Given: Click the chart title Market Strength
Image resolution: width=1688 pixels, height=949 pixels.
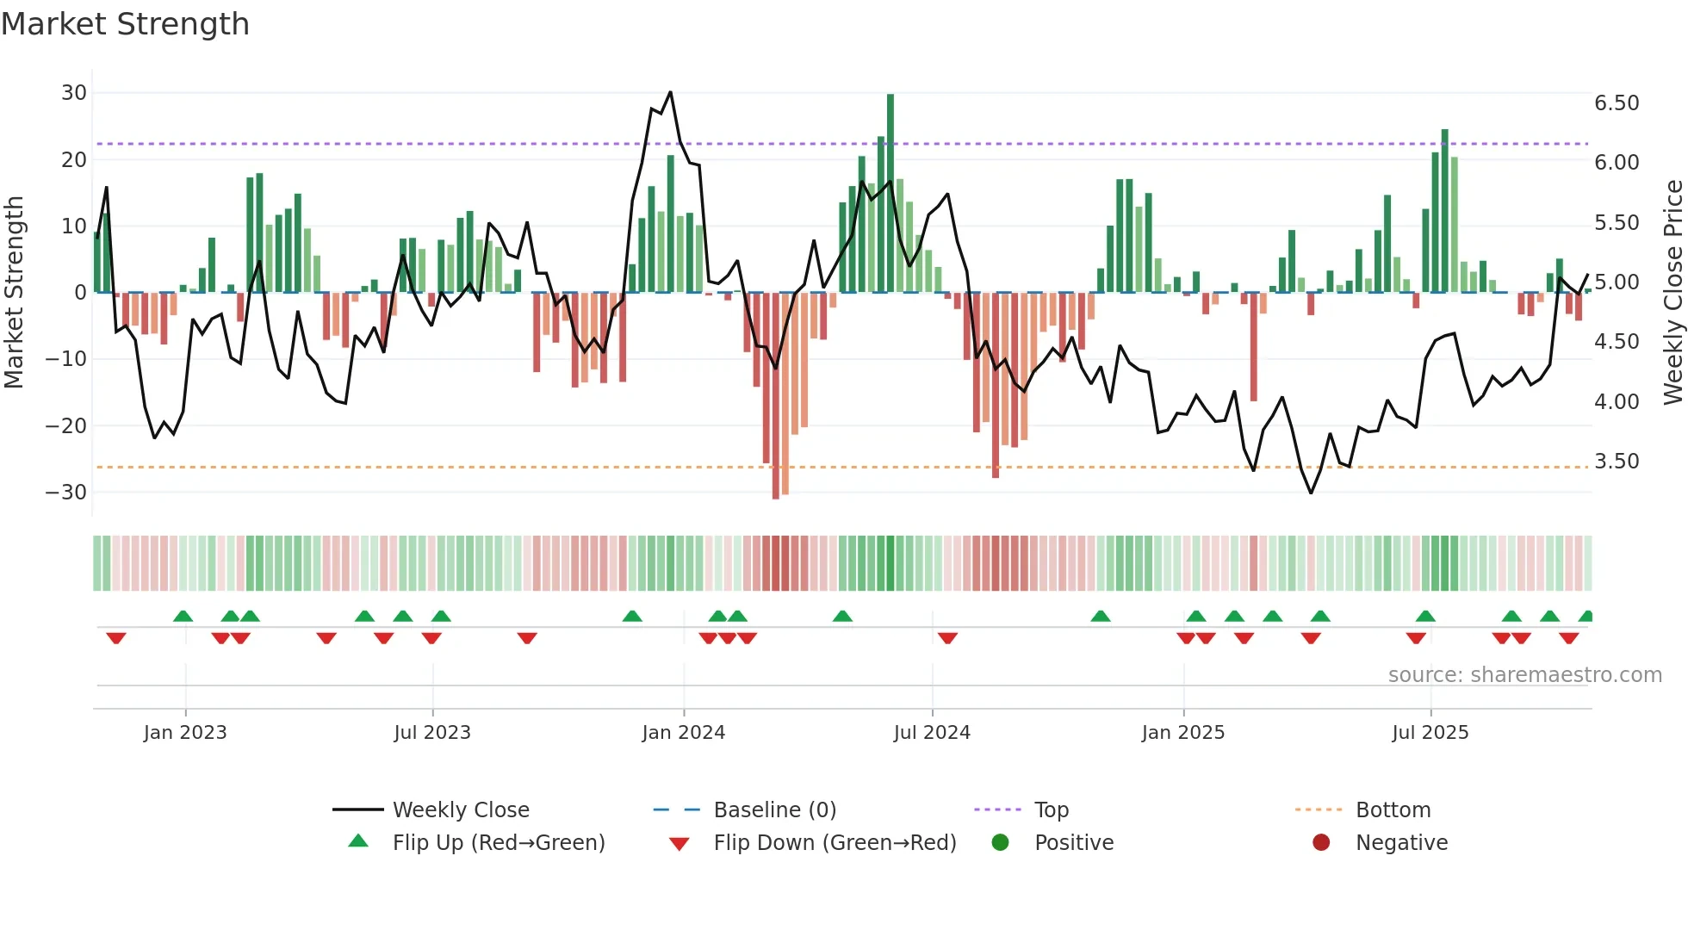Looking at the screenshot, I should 125,24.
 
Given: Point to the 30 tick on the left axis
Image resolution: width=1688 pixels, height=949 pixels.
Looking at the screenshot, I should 74,93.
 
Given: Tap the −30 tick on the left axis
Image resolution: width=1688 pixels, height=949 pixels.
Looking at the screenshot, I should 66,493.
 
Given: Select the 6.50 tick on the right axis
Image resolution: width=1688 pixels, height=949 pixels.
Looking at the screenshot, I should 1617,103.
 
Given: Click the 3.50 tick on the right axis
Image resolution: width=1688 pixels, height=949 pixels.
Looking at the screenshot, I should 1617,462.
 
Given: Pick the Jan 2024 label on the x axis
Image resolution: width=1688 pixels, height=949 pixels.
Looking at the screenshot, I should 684,733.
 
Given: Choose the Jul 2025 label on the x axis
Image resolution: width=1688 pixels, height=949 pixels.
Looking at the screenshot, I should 1430,733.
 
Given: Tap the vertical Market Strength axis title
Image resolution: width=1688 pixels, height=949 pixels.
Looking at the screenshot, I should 15,292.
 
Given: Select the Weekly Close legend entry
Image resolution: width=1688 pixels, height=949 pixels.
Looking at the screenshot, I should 461,810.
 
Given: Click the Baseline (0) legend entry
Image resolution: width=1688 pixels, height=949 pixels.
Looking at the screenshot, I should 774,810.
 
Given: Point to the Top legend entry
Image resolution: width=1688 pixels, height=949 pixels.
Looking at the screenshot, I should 1052,810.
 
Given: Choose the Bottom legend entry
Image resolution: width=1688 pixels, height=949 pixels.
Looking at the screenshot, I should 1393,810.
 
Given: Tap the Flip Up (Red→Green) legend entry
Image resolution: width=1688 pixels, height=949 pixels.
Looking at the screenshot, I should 499,843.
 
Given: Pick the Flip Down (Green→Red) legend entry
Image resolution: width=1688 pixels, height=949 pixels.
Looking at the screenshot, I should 835,843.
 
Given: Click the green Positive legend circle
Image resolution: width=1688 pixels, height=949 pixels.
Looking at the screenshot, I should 1000,842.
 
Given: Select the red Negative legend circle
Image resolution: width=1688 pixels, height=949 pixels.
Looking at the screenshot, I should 1321,842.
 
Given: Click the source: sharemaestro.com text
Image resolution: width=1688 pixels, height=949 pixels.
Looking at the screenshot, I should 1524,675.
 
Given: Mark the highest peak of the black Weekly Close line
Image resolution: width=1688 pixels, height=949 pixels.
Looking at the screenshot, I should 670,92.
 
